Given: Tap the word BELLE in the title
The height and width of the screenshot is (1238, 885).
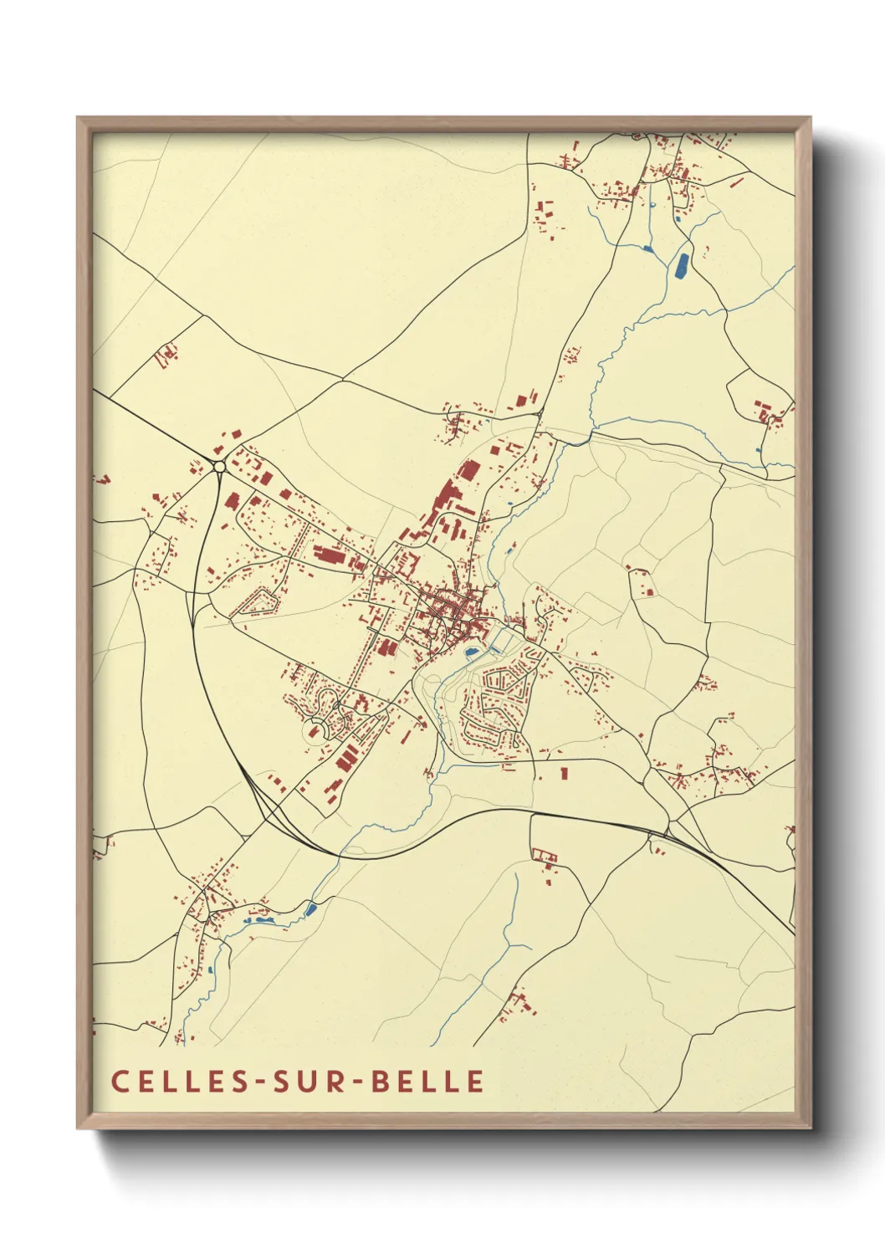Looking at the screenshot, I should point(427,1081).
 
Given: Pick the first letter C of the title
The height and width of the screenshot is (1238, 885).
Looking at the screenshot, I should point(120,1081).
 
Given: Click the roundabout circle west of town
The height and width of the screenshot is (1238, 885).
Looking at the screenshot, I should point(219,466).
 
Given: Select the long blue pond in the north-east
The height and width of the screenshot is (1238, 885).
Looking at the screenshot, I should point(682,265).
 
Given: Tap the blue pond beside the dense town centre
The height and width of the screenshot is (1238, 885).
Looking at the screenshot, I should point(472,651).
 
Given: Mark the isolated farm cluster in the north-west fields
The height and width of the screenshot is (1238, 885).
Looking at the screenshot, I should point(166,355).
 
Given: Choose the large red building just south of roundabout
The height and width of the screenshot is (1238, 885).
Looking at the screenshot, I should point(231,501).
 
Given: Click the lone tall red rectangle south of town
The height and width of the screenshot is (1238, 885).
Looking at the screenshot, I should point(564,772).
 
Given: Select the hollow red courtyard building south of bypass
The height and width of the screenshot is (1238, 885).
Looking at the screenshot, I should point(545,855).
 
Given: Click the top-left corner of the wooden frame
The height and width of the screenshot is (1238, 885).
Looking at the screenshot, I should point(78,118).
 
